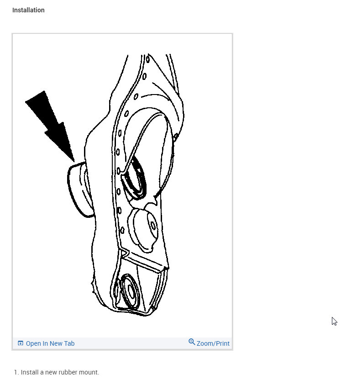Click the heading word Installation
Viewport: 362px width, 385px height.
click(28, 10)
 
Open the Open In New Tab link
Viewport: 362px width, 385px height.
click(50, 343)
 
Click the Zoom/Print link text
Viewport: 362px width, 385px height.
click(213, 343)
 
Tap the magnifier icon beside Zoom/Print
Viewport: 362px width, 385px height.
click(192, 342)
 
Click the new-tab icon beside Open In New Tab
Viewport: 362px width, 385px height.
click(21, 343)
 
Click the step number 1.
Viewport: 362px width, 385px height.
click(16, 372)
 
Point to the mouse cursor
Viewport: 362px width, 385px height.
click(334, 321)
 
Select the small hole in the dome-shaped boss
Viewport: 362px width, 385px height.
click(152, 226)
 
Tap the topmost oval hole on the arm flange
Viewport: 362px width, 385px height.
click(147, 58)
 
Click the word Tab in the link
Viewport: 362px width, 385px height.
click(68, 343)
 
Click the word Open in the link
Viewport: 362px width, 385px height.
click(33, 343)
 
